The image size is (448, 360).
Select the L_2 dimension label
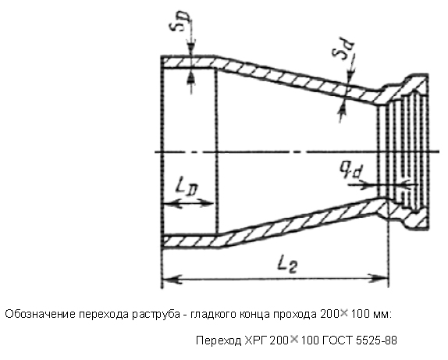coord(287,265)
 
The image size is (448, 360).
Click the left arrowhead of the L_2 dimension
coord(172,279)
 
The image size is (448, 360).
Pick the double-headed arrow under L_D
coord(188,204)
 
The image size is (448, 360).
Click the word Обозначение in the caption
coord(40,314)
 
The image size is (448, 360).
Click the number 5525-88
coord(376,340)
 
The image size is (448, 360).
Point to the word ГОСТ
coord(338,340)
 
